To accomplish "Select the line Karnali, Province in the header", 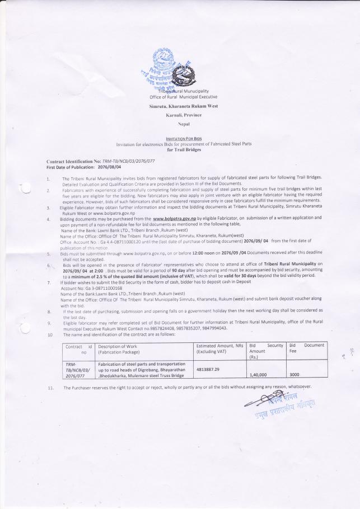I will tap(179, 115).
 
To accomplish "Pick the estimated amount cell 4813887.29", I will tap(211, 369).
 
